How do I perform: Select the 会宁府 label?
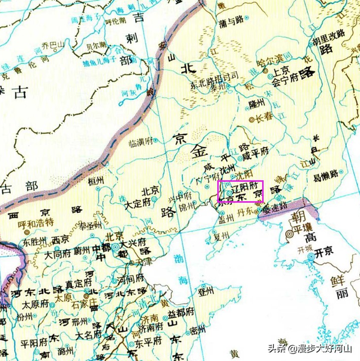285,80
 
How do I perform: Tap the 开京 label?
322,253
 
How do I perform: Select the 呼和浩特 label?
35,224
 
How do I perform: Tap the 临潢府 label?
141,143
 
